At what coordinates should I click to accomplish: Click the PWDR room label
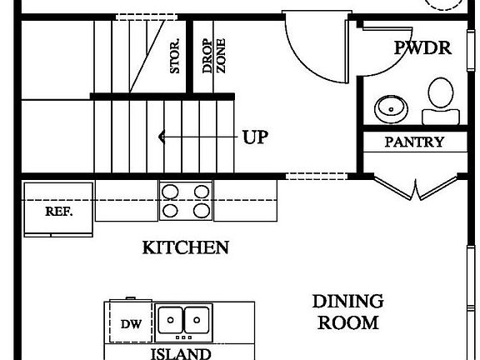(x=422, y=48)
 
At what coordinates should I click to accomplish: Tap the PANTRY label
(x=414, y=142)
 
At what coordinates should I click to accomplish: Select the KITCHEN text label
(x=185, y=247)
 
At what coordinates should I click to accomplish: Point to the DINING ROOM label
(x=347, y=311)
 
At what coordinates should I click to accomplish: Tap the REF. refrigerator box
(x=58, y=211)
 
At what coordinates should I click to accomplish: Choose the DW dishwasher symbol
(x=129, y=324)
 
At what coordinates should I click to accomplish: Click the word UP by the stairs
(x=255, y=137)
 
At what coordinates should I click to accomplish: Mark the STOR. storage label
(x=175, y=57)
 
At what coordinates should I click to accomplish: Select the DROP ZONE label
(x=214, y=56)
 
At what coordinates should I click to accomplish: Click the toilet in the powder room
(x=438, y=97)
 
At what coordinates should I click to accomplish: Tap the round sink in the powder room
(x=388, y=107)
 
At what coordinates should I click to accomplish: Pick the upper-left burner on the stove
(x=170, y=192)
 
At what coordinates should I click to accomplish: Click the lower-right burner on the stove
(x=201, y=211)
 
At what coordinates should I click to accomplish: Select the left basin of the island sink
(x=172, y=319)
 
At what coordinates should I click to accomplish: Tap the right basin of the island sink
(x=197, y=319)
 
